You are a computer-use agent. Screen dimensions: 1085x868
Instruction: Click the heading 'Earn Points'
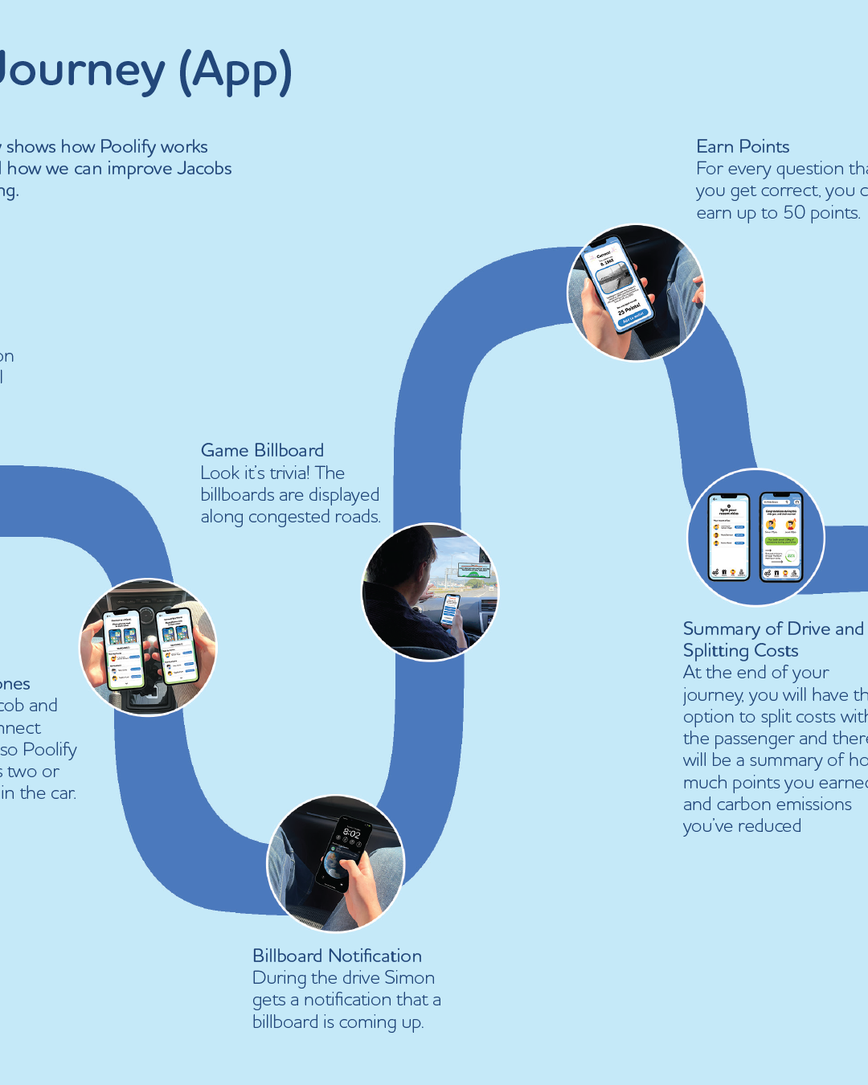(743, 146)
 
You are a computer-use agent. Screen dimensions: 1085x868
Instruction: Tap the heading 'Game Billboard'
(262, 450)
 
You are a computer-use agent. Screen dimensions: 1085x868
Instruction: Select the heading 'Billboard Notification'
(337, 956)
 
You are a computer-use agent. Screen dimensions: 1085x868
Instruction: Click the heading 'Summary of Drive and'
(773, 628)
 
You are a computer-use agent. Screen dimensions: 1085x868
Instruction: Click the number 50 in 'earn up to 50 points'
(794, 212)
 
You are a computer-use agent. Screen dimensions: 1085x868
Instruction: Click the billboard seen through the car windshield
(473, 571)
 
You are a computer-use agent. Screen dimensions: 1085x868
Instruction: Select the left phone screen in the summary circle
(728, 536)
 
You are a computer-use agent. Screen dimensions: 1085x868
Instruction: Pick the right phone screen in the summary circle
(780, 536)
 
